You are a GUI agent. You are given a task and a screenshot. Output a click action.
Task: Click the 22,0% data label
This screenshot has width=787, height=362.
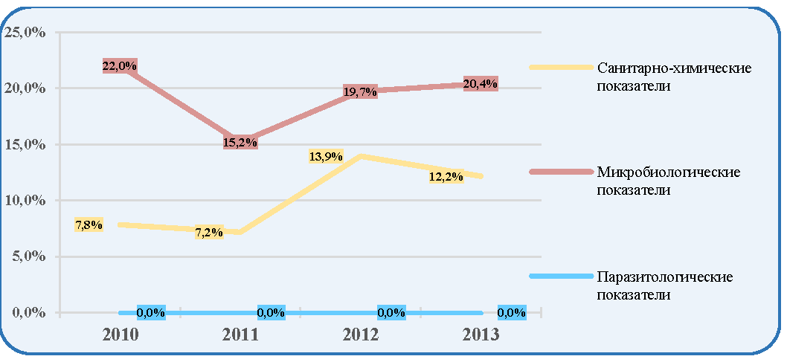120,66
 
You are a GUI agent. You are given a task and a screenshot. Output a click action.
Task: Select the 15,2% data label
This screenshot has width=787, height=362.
240,142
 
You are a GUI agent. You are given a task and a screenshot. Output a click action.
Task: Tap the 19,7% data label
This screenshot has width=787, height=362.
360,91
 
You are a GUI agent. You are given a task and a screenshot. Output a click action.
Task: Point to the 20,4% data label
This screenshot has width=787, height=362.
481,84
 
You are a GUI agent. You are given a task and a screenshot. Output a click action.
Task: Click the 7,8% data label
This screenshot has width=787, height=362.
89,225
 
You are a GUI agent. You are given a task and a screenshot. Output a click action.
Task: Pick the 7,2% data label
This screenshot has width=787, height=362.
210,233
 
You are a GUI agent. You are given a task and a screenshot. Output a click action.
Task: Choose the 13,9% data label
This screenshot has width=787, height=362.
326,157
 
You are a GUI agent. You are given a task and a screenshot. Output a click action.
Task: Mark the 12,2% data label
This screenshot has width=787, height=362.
446,177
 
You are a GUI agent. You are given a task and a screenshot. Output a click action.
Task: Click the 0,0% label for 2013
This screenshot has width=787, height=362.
512,312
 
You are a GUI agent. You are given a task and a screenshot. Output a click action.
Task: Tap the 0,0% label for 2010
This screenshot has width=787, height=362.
150,312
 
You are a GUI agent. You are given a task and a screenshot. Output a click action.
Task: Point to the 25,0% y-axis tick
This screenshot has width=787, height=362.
25,33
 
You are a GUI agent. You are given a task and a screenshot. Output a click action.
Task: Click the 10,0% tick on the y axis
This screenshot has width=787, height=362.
25,201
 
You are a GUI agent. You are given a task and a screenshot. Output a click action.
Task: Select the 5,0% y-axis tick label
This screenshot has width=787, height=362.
28,256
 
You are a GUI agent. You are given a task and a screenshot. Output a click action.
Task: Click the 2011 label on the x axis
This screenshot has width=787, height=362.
240,334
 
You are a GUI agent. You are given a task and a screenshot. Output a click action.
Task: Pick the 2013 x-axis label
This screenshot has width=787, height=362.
481,334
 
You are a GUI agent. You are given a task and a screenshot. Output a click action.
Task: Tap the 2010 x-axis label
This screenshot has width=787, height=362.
120,334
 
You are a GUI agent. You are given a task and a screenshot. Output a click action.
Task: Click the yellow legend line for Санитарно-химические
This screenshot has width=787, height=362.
561,67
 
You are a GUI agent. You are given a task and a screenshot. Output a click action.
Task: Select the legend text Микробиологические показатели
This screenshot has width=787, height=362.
669,181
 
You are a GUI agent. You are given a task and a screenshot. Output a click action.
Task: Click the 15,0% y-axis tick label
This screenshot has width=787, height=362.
25,144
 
